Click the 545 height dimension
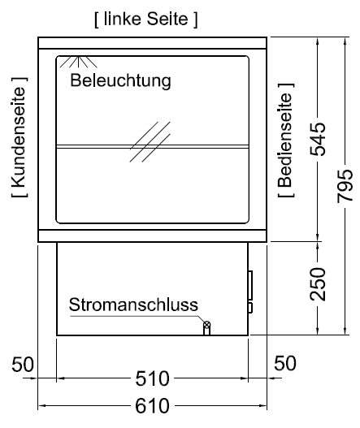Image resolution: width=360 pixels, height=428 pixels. pos(318,139)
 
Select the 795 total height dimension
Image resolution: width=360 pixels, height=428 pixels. pos(345,186)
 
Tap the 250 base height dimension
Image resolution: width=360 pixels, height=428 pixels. pos(318,284)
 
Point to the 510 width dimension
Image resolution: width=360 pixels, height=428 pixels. pos(153,378)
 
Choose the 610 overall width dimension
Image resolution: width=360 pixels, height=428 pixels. pos(153,406)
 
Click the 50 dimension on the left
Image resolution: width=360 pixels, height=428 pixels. pos(23,364)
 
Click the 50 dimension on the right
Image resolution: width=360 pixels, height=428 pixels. pos(285,363)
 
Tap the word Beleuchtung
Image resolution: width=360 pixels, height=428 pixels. pos(121,80)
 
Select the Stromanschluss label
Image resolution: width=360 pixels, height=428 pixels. pos(133,305)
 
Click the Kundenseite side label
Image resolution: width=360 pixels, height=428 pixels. pos(20,136)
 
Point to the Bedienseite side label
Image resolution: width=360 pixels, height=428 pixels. pos(286,140)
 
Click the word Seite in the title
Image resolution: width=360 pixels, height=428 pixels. pos(167,19)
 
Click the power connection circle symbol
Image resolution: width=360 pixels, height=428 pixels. pos(206,325)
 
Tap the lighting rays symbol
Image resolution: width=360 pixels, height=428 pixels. pos(78,62)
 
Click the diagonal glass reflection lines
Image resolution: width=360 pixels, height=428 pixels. pos(150,141)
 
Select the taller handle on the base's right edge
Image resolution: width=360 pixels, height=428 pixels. pos(250,285)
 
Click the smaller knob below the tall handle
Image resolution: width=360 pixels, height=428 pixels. pos(250,308)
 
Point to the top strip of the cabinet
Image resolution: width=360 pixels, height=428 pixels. pos(153,43)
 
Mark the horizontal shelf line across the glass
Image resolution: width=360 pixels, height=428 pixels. pos(153,146)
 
